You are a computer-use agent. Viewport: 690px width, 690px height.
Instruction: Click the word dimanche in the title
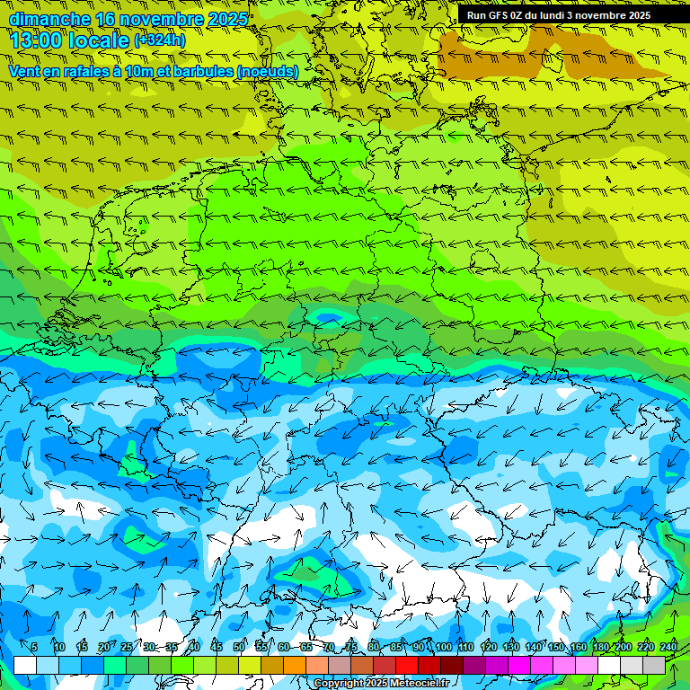(x=49, y=19)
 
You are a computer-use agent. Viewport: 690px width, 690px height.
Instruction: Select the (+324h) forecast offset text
(x=159, y=40)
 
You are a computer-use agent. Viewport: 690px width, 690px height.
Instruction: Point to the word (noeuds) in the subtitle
(x=267, y=70)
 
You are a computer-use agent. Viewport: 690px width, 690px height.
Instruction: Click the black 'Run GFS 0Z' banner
(x=558, y=15)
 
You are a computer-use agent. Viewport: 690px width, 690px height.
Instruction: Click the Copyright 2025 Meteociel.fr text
(x=381, y=684)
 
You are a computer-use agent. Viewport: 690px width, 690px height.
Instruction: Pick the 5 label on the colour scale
(x=34, y=647)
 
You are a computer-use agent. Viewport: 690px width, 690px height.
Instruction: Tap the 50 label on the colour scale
(x=239, y=647)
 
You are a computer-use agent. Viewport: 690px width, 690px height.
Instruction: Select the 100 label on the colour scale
(x=443, y=647)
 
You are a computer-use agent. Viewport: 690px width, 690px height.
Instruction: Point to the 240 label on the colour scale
(x=668, y=647)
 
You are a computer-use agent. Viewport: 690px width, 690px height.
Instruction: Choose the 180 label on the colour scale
(x=600, y=647)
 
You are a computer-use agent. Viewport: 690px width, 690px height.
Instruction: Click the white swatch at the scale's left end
(x=25, y=665)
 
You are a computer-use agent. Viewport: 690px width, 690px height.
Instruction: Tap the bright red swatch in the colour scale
(x=407, y=665)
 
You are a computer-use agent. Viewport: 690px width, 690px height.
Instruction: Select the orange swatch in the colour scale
(x=295, y=665)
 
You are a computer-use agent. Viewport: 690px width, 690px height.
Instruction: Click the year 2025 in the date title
(x=227, y=19)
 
